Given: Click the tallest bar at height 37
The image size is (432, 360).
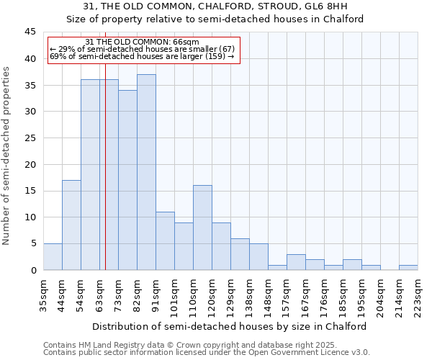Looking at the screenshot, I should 146,172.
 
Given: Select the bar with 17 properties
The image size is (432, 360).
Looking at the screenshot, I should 71,225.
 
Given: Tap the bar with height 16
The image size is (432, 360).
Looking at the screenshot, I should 202,228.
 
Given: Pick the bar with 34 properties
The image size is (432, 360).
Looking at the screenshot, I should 127,180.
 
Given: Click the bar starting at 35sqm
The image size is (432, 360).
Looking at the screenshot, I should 53,257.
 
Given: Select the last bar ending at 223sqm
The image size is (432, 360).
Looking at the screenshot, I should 408,267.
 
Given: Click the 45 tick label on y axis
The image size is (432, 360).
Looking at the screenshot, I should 30,32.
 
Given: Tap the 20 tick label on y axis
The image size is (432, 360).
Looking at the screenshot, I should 30,164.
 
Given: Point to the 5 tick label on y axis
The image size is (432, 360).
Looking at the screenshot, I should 32,243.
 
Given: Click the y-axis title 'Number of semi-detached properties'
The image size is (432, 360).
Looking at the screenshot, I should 6,156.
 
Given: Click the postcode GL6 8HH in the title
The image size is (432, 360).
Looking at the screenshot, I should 329,7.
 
